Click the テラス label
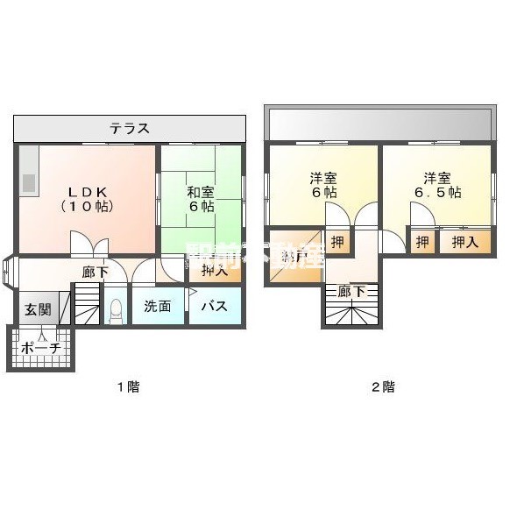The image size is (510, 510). point(129,129)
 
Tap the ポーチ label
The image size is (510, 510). point(40,348)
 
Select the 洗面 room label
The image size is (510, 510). point(158,307)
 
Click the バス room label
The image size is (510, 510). point(215,307)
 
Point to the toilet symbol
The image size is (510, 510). point(115,309)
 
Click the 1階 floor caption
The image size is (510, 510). point(129,386)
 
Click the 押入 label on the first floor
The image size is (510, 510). point(215,271)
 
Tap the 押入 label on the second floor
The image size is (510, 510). point(464,241)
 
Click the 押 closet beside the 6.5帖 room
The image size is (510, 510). point(422,241)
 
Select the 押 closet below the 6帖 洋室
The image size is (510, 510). point(337,241)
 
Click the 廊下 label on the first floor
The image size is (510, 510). point(96,272)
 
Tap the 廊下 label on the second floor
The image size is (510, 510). point(351,292)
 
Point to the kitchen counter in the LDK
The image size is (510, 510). point(27,175)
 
